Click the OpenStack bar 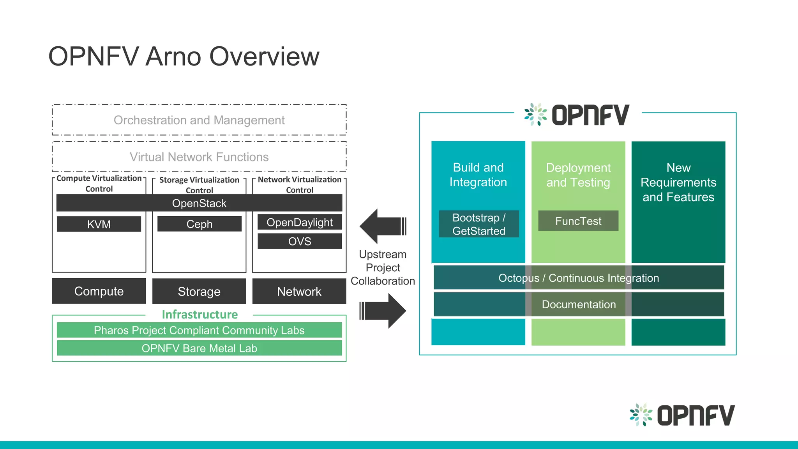coord(199,203)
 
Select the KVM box coord(99,224)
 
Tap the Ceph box coord(199,224)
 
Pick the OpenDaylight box coord(299,222)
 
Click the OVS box coord(299,241)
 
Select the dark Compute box coord(99,291)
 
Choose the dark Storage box coord(199,291)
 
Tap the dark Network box coord(299,291)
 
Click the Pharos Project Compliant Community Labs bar coord(199,330)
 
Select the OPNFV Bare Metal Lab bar coord(199,348)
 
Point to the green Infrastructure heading coord(199,314)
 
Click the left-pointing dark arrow coord(382,226)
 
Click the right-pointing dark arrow coord(384,311)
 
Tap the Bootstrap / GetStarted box coord(479,224)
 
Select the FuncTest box coord(578,221)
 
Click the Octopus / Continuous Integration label coord(579,278)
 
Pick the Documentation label coord(579,304)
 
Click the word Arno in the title coord(174,57)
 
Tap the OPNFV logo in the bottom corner coord(682,415)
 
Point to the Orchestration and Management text coord(199,120)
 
